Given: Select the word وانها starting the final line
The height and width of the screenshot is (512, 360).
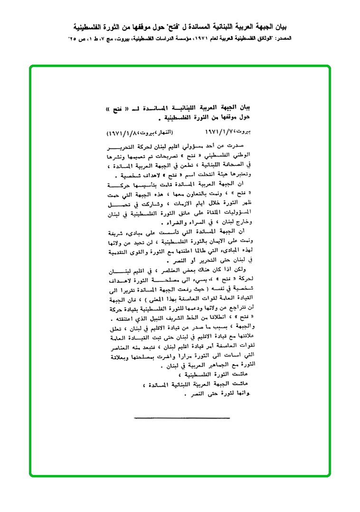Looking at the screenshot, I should click(x=242, y=394).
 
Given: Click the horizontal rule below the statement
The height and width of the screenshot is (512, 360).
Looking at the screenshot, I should click(x=182, y=418).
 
